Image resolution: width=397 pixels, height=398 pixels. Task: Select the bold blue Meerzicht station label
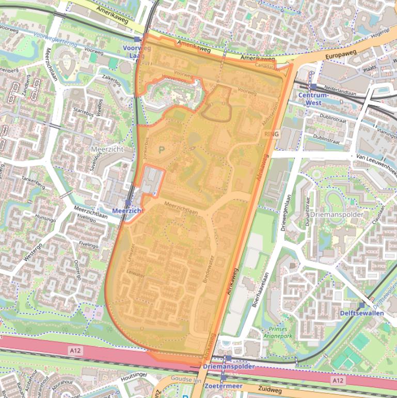point(127,211)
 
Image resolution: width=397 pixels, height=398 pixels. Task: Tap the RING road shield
point(271,134)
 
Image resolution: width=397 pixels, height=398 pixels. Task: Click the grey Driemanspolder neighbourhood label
point(337,214)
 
